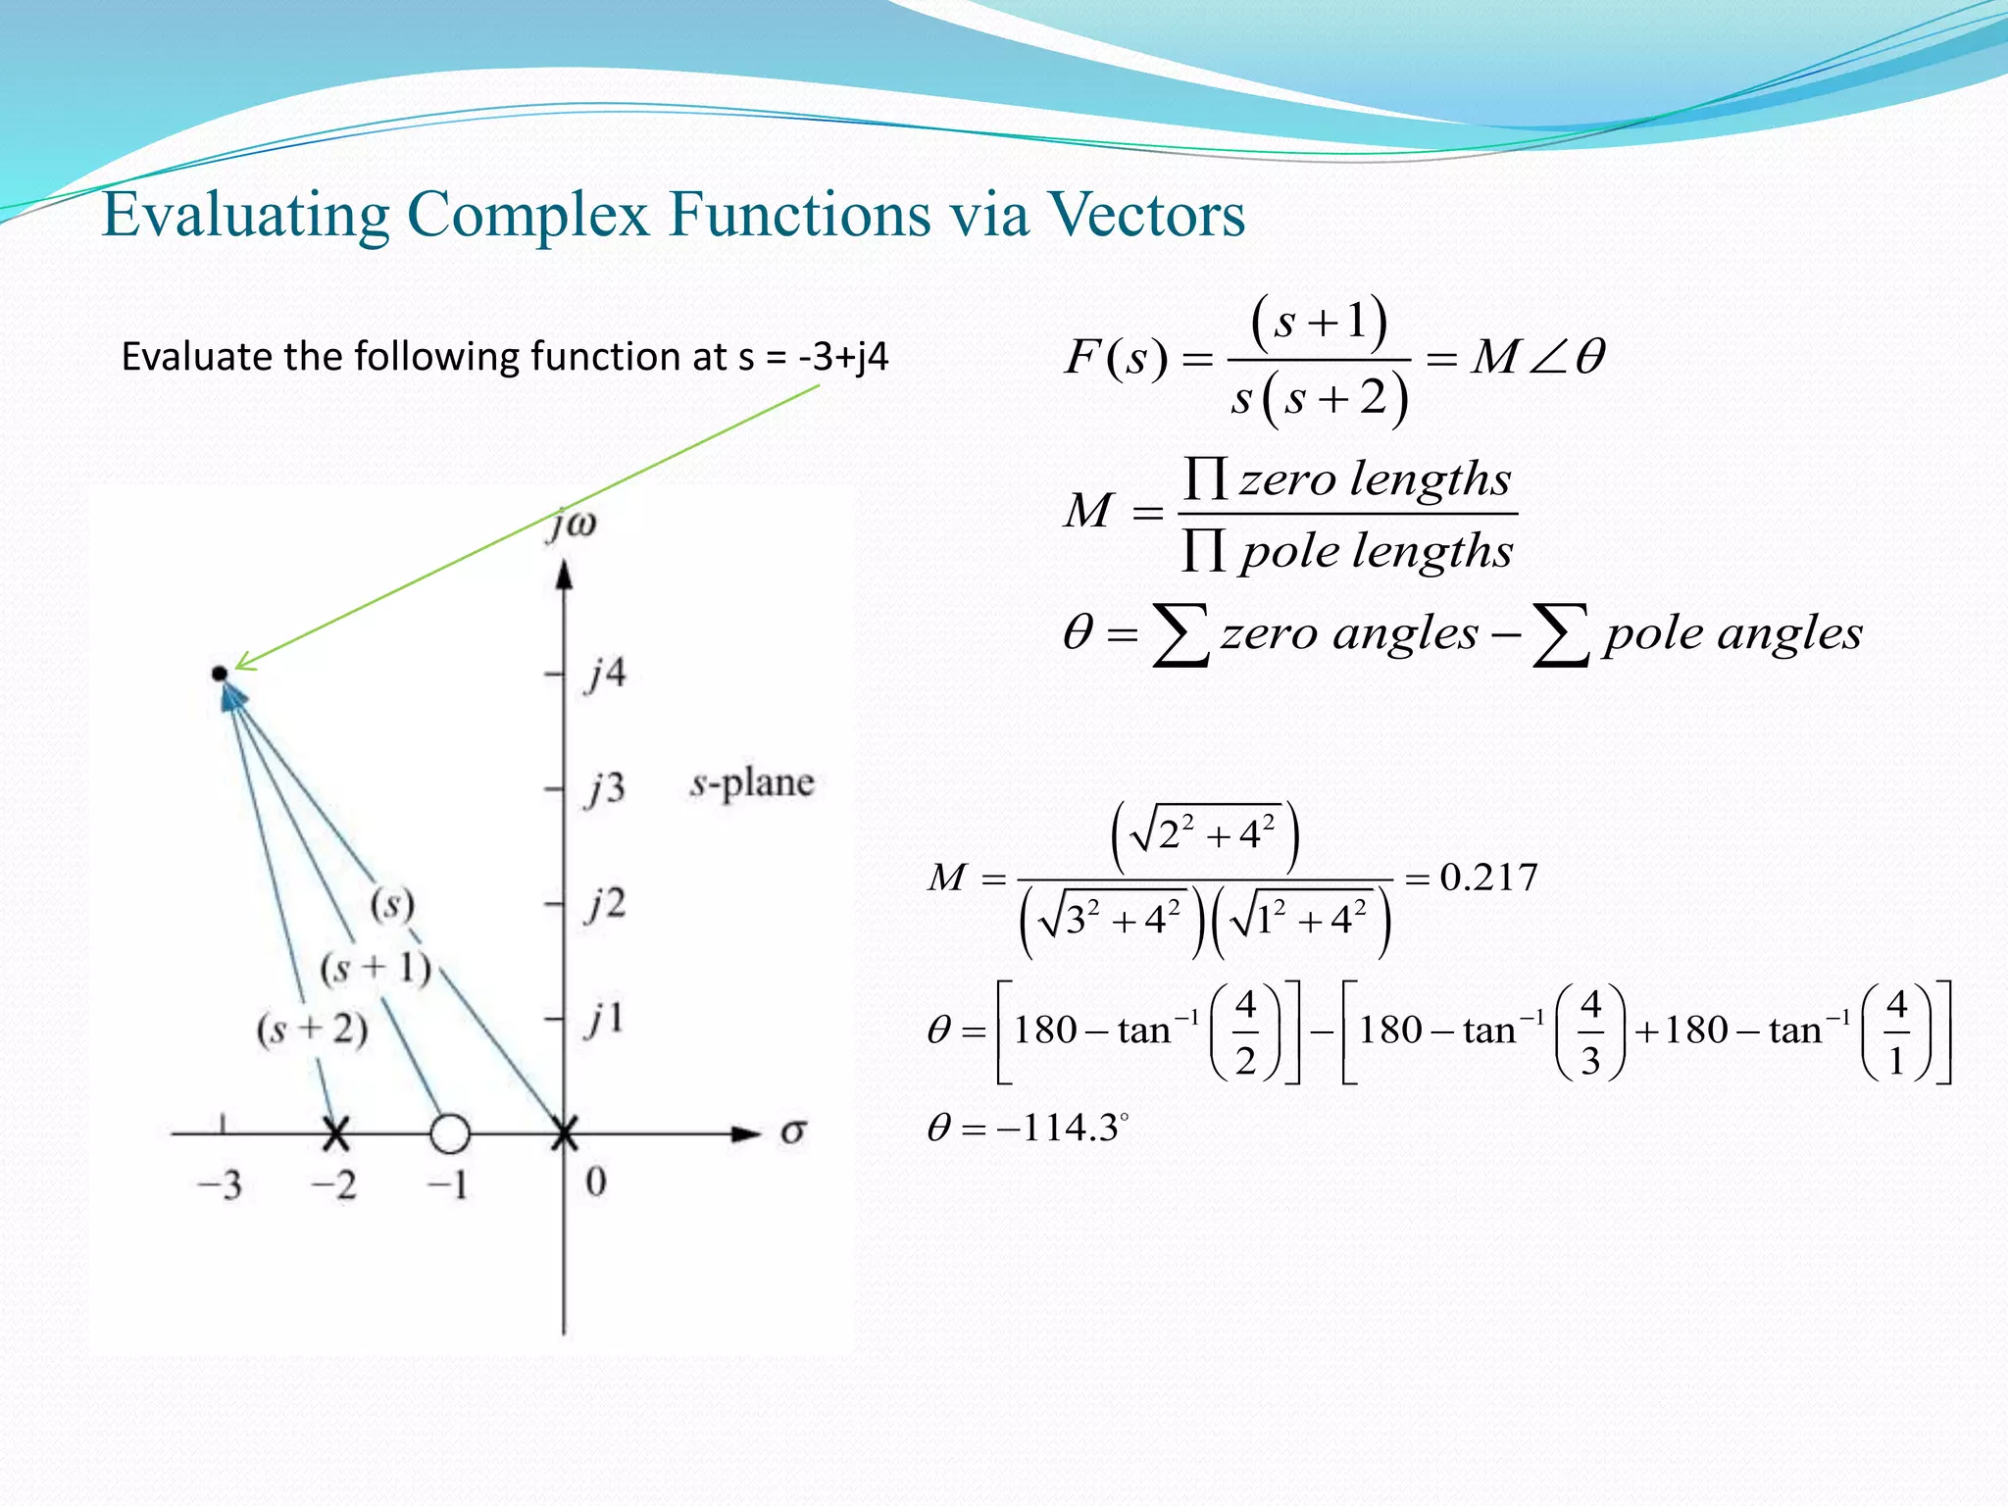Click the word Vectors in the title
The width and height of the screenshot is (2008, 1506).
pyautogui.click(x=1147, y=214)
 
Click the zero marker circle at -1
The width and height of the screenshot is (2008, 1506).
pyautogui.click(x=450, y=1133)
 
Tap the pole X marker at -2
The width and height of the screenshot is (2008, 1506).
pyautogui.click(x=335, y=1134)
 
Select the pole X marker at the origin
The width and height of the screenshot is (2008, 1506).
pyautogui.click(x=564, y=1134)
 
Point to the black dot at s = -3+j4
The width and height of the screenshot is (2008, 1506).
pyautogui.click(x=219, y=674)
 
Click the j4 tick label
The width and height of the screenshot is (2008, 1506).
pyautogui.click(x=605, y=675)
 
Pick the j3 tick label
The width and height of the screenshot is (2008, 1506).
pyautogui.click(x=605, y=788)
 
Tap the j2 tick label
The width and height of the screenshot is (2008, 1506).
pyautogui.click(x=605, y=903)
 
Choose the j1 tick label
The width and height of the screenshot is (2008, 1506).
pyautogui.click(x=605, y=1019)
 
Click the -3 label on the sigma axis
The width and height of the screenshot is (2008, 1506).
pyautogui.click(x=220, y=1186)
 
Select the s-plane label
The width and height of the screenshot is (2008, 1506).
pyautogui.click(x=752, y=783)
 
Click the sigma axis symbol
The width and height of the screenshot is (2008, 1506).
pyautogui.click(x=793, y=1133)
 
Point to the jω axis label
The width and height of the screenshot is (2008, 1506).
pyautogui.click(x=573, y=525)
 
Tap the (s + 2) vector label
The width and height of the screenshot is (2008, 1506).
pyautogui.click(x=312, y=1029)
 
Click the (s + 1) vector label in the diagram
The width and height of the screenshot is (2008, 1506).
pyautogui.click(x=376, y=969)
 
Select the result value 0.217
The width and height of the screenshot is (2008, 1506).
pyautogui.click(x=1488, y=877)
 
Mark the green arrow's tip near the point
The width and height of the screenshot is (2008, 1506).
pyautogui.click(x=238, y=667)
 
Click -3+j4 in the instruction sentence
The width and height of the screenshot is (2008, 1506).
pyautogui.click(x=843, y=357)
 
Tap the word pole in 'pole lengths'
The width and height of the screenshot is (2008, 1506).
pyautogui.click(x=1288, y=552)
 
